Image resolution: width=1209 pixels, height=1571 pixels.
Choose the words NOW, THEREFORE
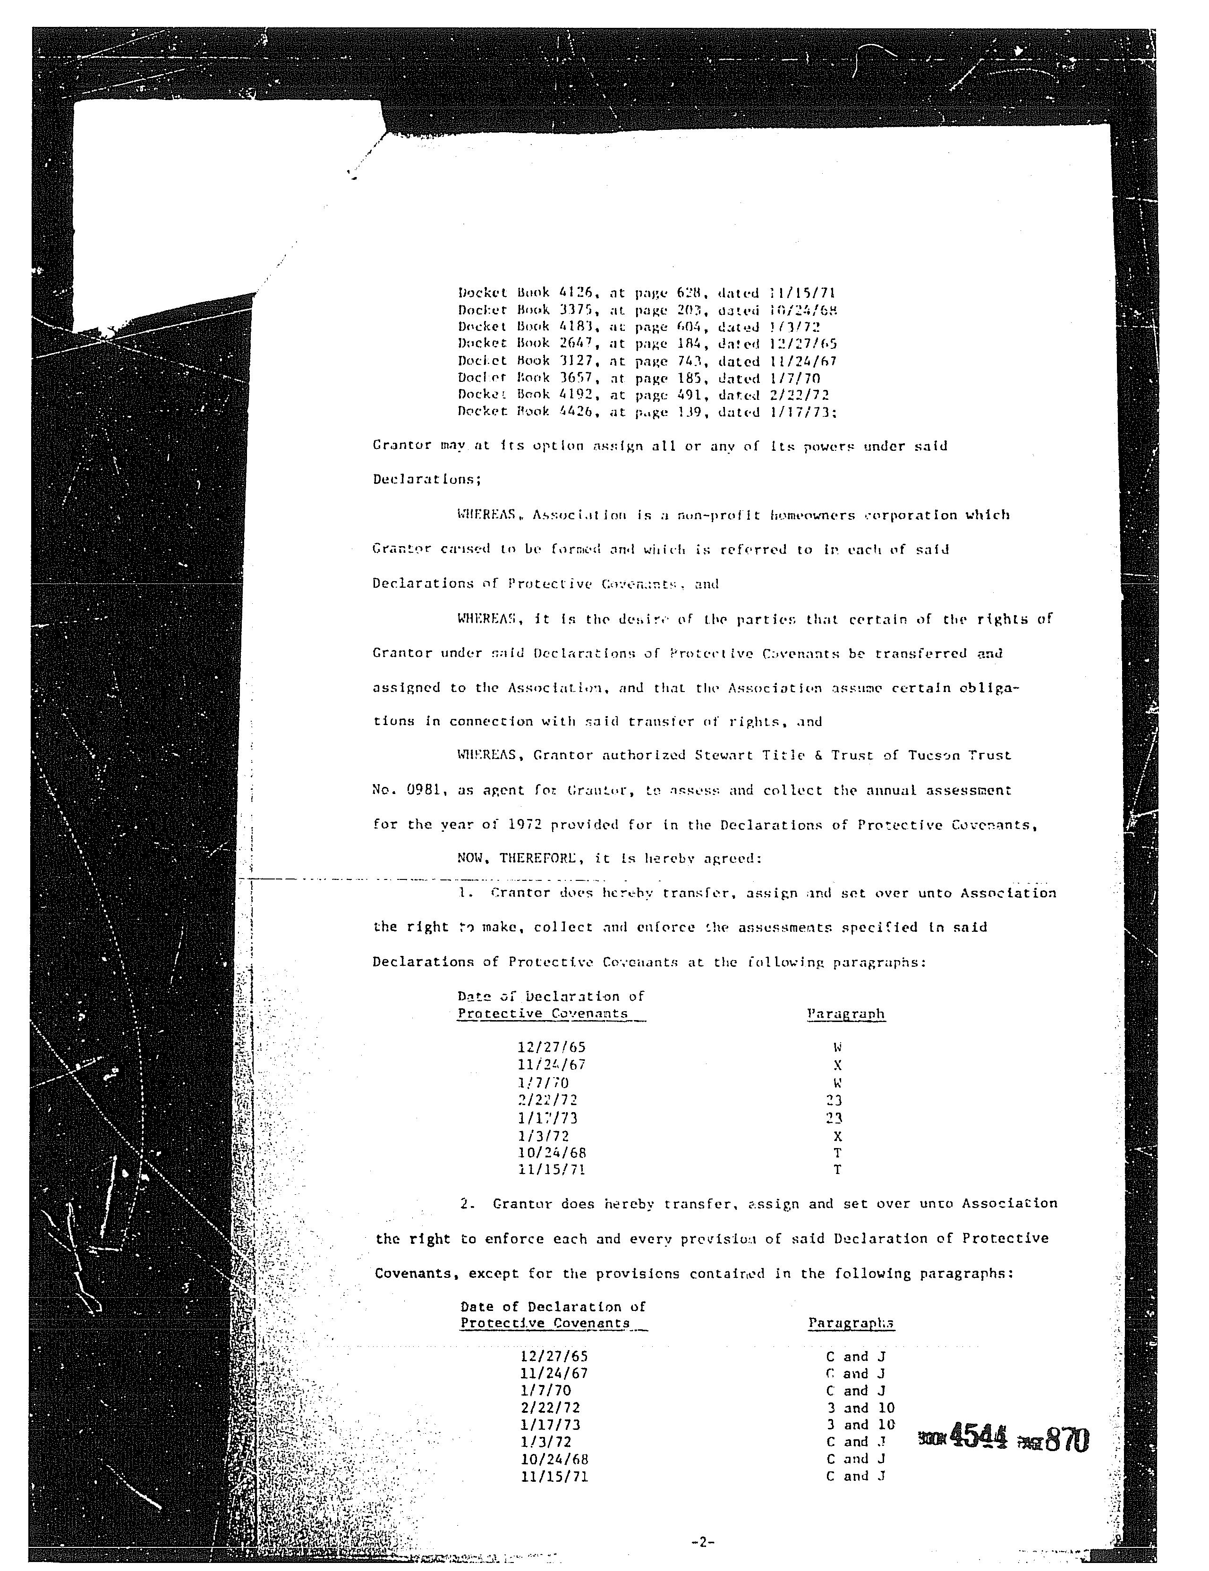pyautogui.click(x=516, y=858)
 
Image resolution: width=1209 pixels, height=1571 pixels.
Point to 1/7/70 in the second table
pyautogui.click(x=545, y=1391)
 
